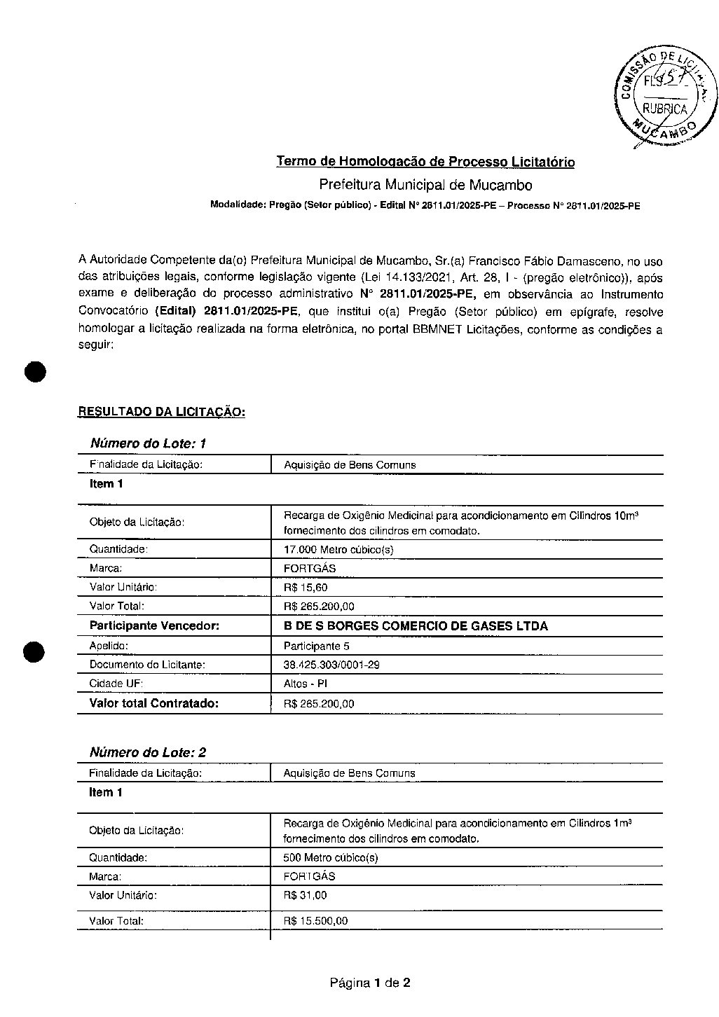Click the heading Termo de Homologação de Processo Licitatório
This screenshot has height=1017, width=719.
pos(425,162)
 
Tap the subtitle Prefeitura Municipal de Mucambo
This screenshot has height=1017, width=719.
pos(425,185)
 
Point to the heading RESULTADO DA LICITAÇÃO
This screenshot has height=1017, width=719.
pos(161,412)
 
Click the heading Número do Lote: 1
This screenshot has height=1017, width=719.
pos(148,443)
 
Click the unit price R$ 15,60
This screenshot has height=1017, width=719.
pos(306,587)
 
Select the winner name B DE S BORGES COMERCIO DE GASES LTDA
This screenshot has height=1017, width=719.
pos(416,625)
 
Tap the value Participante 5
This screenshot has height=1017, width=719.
pos(317,645)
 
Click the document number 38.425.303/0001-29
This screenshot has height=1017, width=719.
pos(331,664)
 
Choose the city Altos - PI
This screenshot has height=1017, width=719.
pos(306,683)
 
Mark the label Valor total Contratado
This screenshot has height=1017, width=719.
pos(154,703)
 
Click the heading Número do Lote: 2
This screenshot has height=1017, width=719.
pos(148,752)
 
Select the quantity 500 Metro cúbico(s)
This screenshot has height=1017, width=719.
pos(331,857)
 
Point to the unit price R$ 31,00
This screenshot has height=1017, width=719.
pos(305,895)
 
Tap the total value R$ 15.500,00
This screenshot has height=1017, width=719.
pos(315,921)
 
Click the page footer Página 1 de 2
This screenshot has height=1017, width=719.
pos(370,983)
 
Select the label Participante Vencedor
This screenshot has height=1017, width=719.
pos(154,625)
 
